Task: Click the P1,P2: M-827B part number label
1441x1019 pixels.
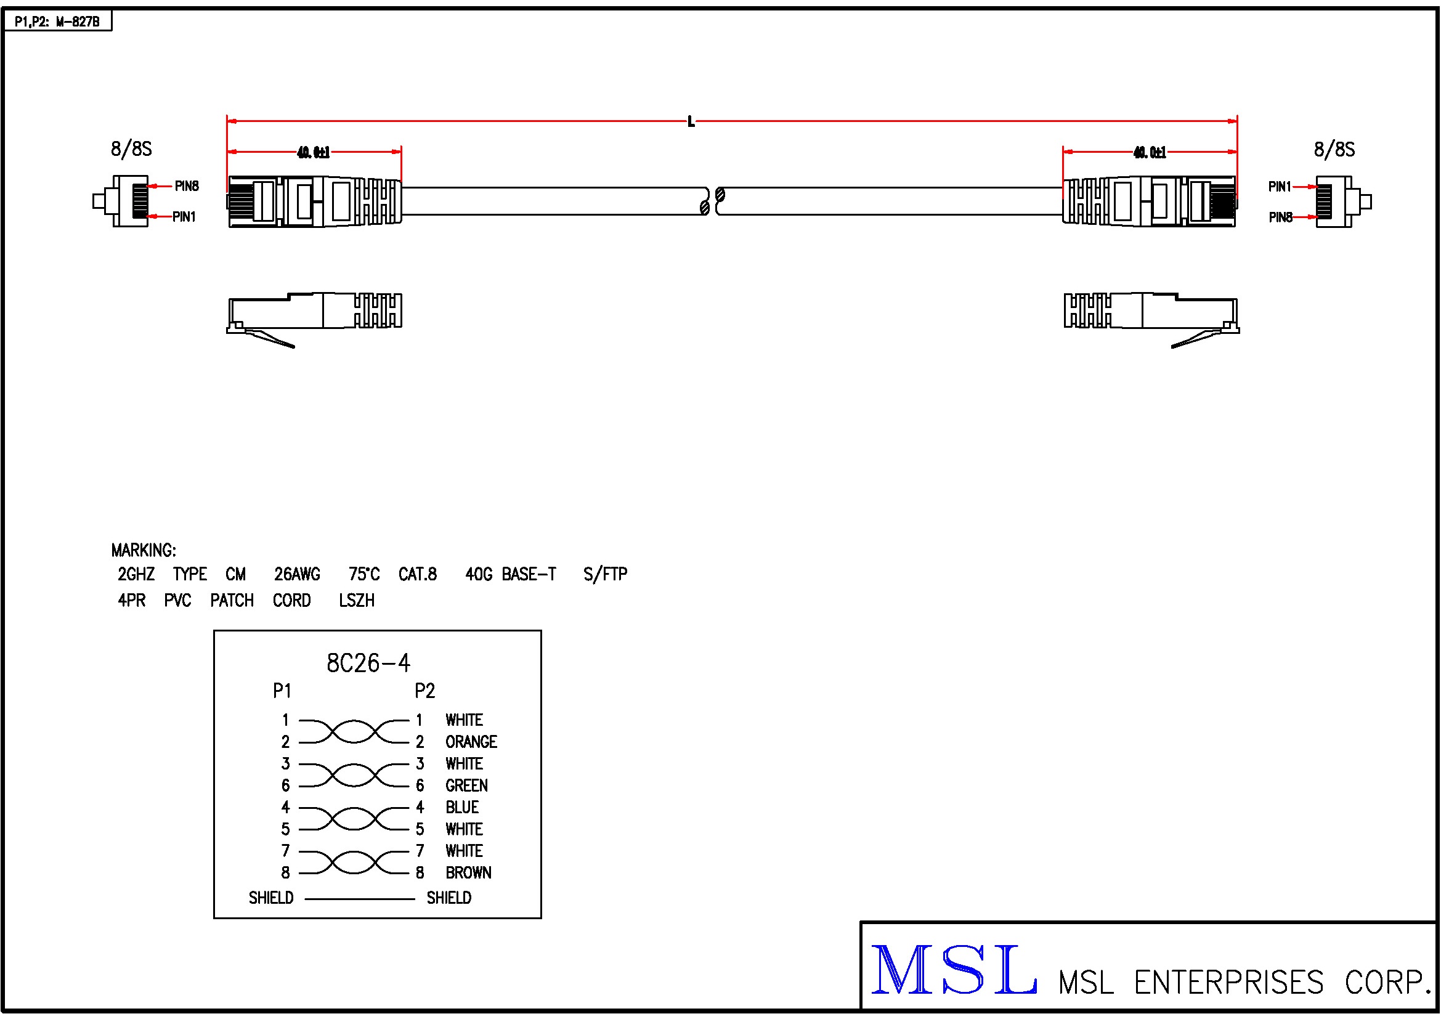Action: [x=57, y=22]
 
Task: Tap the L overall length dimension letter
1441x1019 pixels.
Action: [x=691, y=122]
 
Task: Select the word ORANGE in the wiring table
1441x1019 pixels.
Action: [x=471, y=742]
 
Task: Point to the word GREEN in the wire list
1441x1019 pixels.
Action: [x=466, y=786]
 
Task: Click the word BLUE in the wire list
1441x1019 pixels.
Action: [x=462, y=808]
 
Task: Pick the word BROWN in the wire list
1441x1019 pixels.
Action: [x=468, y=873]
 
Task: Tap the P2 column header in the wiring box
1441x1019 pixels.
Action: [x=425, y=691]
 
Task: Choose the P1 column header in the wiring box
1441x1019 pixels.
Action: [x=282, y=691]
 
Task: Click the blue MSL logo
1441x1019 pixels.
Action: [x=954, y=971]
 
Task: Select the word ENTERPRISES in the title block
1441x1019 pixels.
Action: [x=1228, y=983]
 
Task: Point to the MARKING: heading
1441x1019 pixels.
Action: [x=144, y=551]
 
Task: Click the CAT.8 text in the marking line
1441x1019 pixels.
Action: [x=417, y=575]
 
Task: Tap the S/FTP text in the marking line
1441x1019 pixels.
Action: [x=605, y=575]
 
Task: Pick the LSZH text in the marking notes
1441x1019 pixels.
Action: [x=357, y=601]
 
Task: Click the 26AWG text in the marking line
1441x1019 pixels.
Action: [x=297, y=575]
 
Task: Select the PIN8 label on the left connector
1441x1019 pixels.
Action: [x=187, y=186]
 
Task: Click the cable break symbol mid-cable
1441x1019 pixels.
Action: [x=712, y=201]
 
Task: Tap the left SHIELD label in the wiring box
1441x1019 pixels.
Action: [x=271, y=898]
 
